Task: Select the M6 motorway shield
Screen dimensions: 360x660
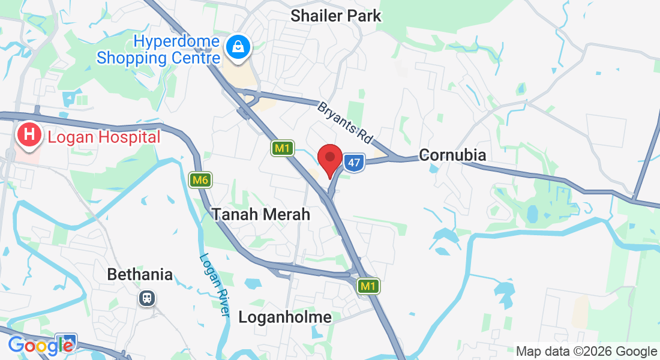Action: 200,179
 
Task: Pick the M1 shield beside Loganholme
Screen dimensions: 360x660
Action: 368,287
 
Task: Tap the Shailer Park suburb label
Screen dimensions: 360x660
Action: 335,16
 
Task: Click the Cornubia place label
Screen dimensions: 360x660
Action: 452,155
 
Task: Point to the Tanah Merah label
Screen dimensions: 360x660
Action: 261,214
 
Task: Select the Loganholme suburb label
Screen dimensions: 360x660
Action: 285,317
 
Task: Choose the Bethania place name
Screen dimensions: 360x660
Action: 140,275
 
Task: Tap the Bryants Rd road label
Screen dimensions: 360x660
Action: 345,122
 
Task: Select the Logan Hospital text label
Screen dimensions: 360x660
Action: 104,137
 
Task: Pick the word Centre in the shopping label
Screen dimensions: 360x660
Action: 194,58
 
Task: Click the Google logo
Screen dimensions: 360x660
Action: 41,346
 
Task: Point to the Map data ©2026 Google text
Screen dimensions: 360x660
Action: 587,352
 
